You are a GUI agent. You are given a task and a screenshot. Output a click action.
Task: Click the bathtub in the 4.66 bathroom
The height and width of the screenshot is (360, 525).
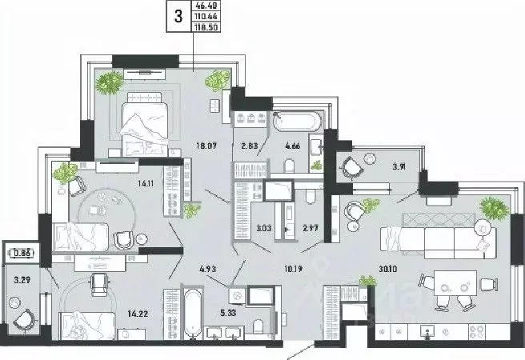coord(298,123)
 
